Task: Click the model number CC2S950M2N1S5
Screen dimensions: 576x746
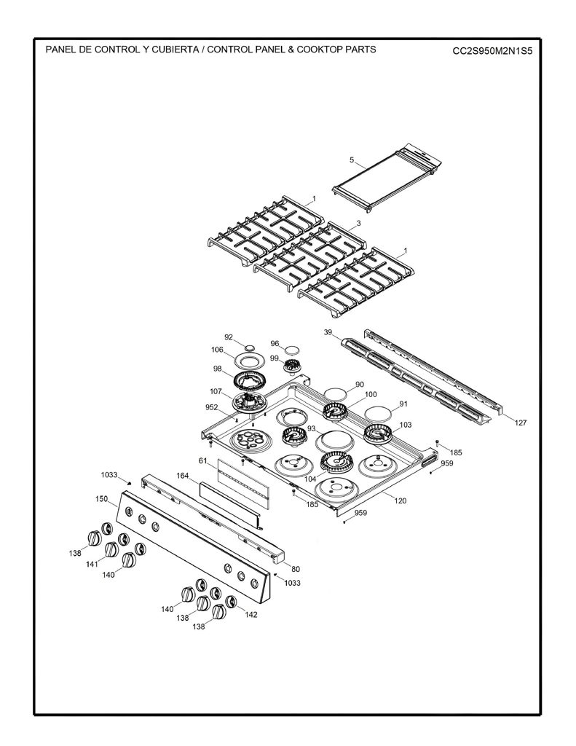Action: click(x=492, y=51)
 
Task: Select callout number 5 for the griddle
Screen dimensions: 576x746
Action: click(x=352, y=160)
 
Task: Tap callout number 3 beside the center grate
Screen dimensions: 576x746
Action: click(x=358, y=223)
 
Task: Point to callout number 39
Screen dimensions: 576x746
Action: click(x=328, y=332)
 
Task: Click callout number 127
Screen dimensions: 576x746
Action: click(x=521, y=422)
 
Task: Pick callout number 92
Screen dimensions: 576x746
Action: click(x=229, y=337)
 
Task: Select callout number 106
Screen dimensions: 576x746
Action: click(x=218, y=350)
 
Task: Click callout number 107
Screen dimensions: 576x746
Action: click(x=216, y=391)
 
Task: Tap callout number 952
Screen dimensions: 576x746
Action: click(x=212, y=407)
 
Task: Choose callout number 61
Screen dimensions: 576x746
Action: click(x=203, y=460)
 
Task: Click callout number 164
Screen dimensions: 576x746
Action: click(x=183, y=475)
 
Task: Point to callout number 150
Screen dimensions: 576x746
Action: click(x=102, y=499)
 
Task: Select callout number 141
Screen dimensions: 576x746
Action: click(x=92, y=565)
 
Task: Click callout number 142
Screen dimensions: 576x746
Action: click(x=250, y=614)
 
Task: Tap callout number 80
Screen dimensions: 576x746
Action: click(x=296, y=569)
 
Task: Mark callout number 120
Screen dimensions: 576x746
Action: click(x=401, y=500)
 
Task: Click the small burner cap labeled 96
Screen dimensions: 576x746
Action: click(x=291, y=350)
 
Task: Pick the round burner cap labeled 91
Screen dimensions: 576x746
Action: click(x=377, y=412)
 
